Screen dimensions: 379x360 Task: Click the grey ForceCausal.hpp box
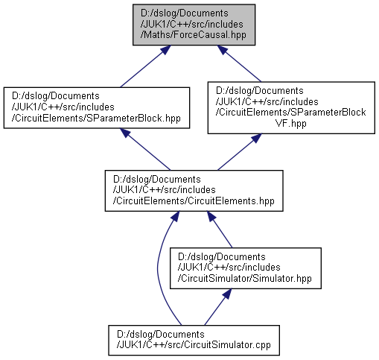(194, 25)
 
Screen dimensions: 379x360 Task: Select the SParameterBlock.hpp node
(97, 107)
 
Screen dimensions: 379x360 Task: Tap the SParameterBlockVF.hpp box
(291, 107)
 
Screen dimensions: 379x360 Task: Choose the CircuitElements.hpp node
(194, 191)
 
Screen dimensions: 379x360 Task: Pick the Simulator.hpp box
(246, 268)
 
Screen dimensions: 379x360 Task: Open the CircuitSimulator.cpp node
(194, 340)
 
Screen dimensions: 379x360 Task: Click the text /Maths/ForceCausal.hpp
(194, 35)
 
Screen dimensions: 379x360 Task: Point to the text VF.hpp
(291, 123)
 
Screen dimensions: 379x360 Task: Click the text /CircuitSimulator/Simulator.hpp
(245, 279)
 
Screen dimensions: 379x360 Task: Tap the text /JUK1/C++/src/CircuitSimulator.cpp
(194, 345)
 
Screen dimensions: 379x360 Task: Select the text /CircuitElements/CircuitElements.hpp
(194, 201)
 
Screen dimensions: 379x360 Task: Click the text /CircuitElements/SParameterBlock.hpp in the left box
(96, 118)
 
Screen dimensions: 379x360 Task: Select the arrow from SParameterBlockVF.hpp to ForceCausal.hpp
(239, 63)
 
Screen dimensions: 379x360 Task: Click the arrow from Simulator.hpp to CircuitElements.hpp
(220, 230)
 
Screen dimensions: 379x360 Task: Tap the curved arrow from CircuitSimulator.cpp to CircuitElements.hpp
(158, 268)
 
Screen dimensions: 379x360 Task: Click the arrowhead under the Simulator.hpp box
(227, 294)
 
